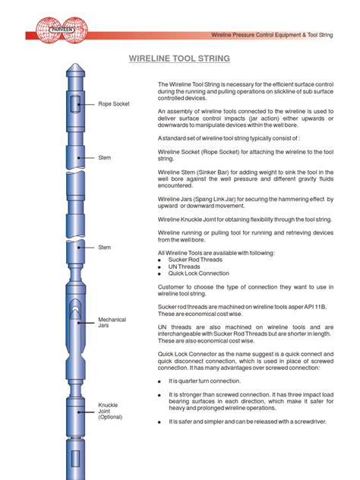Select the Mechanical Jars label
[112, 324]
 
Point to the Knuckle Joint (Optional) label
[112, 411]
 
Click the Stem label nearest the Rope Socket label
[105, 157]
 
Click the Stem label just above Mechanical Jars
[105, 248]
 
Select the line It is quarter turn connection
[205, 381]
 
